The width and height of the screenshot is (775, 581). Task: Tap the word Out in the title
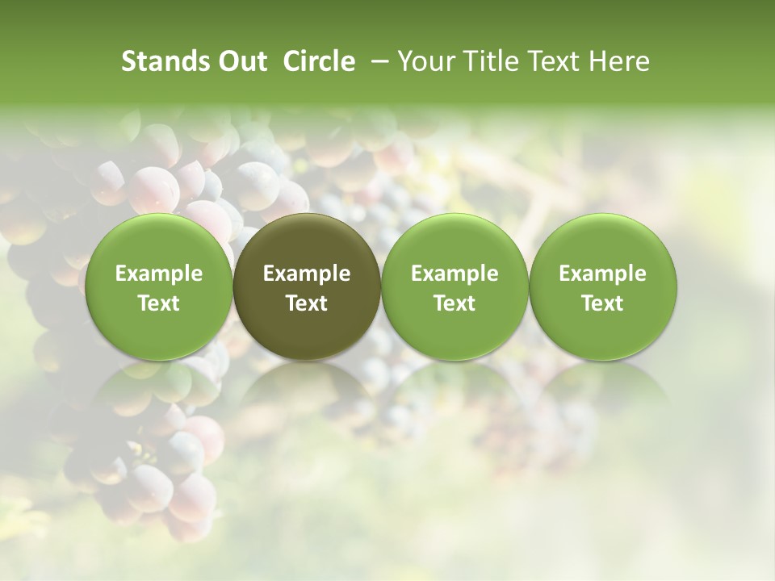pyautogui.click(x=241, y=62)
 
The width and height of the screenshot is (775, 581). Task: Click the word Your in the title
pyautogui.click(x=425, y=62)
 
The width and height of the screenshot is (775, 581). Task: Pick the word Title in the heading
pyautogui.click(x=484, y=62)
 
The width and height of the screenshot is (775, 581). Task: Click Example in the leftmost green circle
pyautogui.click(x=158, y=274)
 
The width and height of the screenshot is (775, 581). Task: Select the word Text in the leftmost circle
pyautogui.click(x=158, y=303)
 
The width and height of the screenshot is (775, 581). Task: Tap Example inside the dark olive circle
pyautogui.click(x=307, y=274)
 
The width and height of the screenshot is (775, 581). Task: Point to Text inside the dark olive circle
pyautogui.click(x=307, y=303)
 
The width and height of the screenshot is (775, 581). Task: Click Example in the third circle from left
pyautogui.click(x=455, y=274)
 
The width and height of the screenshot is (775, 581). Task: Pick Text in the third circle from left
pyautogui.click(x=455, y=303)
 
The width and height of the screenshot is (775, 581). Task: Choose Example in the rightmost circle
pyautogui.click(x=602, y=274)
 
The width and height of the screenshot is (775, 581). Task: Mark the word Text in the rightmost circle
pyautogui.click(x=602, y=303)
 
